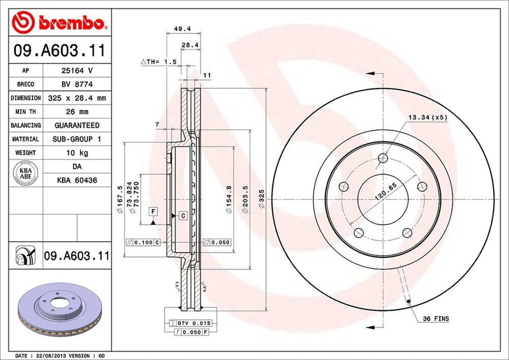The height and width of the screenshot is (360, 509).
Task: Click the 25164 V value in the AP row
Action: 77,71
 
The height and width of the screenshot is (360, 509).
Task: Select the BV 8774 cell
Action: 77,85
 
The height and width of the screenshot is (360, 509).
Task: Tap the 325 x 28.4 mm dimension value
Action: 77,98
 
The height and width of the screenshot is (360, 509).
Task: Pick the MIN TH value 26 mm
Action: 77,112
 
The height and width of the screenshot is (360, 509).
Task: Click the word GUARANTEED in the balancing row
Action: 77,125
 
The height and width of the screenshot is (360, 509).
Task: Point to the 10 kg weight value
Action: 77,153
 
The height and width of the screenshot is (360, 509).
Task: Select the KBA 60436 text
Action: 77,180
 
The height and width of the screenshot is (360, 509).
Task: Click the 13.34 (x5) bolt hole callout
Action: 428,118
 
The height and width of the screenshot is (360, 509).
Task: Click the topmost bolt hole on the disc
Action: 382,158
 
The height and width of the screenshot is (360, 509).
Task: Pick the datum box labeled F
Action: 154,212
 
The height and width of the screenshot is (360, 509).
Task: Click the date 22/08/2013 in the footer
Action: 51,356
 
